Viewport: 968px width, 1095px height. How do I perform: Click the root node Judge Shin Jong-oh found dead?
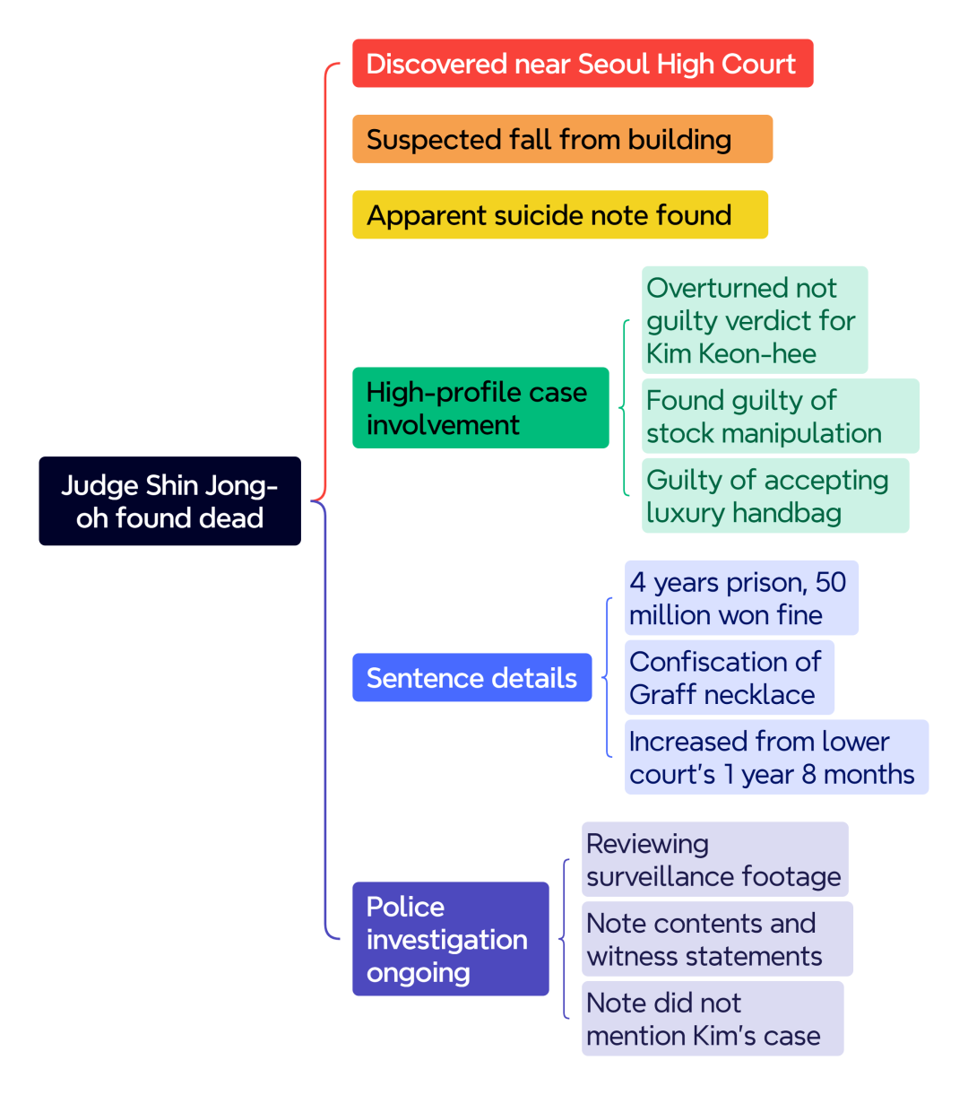pyautogui.click(x=169, y=500)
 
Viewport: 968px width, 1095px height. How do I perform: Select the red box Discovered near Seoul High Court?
pyautogui.click(x=583, y=64)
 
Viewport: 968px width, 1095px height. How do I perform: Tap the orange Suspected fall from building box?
pyautogui.click(x=562, y=139)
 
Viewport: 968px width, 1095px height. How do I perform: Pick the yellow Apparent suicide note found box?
pyautogui.click(x=560, y=214)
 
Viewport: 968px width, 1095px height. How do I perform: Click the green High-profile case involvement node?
pyautogui.click(x=480, y=407)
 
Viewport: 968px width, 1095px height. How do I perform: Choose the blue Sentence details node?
pyautogui.click(x=471, y=677)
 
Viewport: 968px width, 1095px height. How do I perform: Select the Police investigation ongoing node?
pyautogui.click(x=451, y=939)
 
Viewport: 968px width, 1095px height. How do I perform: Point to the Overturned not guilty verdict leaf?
pyautogui.click(x=754, y=320)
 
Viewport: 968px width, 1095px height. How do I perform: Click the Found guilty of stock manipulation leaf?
pyautogui.click(x=780, y=415)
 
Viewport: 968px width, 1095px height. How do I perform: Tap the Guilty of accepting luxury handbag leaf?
pyautogui.click(x=775, y=495)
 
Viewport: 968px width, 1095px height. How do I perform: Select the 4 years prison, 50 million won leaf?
pyautogui.click(x=741, y=598)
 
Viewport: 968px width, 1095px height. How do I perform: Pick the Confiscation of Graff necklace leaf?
pyautogui.click(x=730, y=677)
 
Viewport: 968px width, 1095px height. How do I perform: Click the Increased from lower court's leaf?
pyautogui.click(x=776, y=757)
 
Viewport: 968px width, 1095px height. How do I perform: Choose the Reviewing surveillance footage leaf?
pyautogui.click(x=714, y=859)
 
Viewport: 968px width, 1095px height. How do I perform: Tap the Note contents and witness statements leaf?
pyautogui.click(x=717, y=939)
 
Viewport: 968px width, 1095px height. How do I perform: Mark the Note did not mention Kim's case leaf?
pyautogui.click(x=713, y=1018)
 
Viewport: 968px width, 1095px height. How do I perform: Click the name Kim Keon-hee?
pyautogui.click(x=730, y=353)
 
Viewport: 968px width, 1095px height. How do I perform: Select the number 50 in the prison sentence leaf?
pyautogui.click(x=830, y=582)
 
